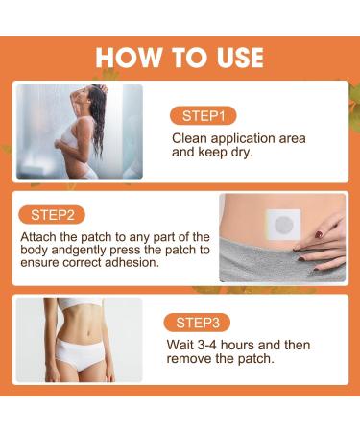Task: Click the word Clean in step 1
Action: [x=190, y=138]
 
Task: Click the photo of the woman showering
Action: [x=79, y=132]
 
